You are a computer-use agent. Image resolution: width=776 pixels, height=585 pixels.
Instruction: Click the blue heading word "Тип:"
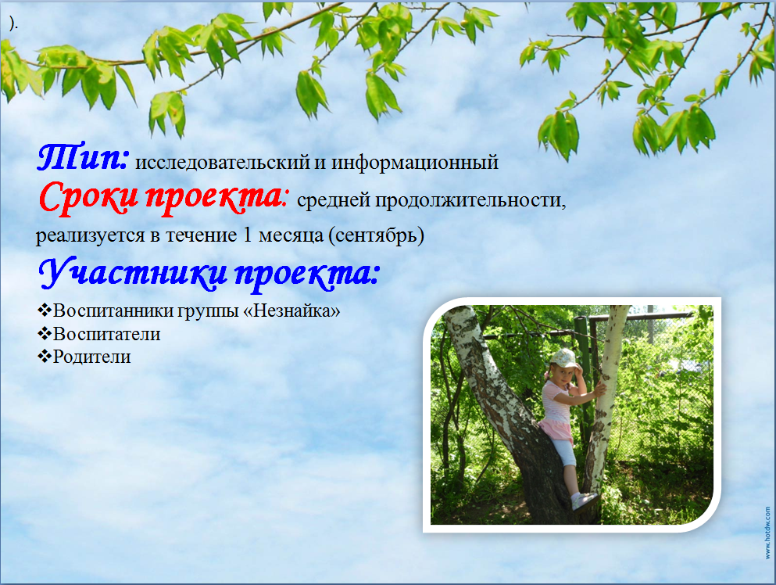[x=83, y=157]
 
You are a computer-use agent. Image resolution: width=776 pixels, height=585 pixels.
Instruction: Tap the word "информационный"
[x=415, y=162]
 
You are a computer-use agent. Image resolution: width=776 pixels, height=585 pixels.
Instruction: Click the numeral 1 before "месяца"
[x=248, y=235]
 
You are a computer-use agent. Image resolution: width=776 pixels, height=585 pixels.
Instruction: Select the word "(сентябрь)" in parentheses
[x=376, y=235]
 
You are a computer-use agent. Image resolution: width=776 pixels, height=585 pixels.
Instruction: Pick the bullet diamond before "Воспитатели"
[x=45, y=333]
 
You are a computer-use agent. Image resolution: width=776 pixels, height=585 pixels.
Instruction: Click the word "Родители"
[x=92, y=357]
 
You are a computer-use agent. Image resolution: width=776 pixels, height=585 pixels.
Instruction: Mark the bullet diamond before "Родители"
[x=45, y=356]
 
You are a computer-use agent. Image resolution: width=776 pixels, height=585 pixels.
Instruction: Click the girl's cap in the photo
[x=565, y=358]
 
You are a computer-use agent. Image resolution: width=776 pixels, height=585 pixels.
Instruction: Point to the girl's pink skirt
[x=556, y=429]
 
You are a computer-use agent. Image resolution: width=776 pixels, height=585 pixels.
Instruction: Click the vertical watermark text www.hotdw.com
[x=767, y=532]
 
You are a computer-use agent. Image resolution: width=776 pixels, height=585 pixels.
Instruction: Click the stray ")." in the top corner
[x=13, y=23]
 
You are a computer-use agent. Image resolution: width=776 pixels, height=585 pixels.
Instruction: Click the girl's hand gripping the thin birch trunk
[x=600, y=389]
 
